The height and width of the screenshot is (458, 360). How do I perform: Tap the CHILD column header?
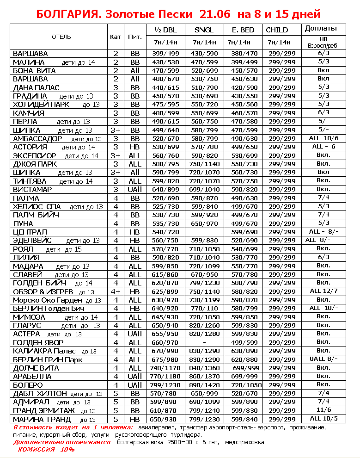click(x=277, y=30)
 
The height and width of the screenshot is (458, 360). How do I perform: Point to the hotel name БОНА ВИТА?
click(x=35, y=71)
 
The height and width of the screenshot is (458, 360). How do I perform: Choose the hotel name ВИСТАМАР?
click(x=33, y=189)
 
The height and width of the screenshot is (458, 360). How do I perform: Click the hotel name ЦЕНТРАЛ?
click(x=30, y=232)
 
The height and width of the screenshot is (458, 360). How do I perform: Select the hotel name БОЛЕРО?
click(x=28, y=385)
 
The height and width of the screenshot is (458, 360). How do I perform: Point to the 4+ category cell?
click(x=116, y=291)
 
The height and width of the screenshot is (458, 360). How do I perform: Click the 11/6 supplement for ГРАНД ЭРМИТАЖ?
click(x=323, y=410)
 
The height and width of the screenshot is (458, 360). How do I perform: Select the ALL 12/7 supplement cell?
click(x=323, y=291)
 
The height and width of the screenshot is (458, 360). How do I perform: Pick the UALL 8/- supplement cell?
click(x=323, y=359)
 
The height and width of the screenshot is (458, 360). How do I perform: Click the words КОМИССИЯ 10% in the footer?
click(x=46, y=450)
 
